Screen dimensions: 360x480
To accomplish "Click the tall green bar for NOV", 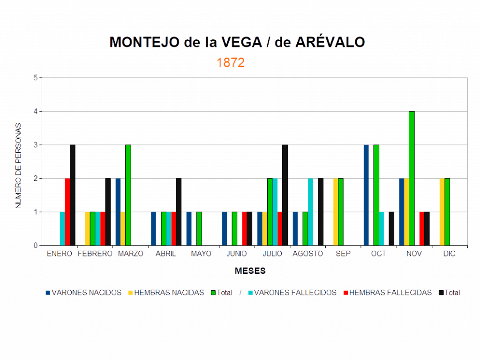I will (x=412, y=178).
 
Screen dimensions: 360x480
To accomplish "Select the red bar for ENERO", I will (x=67, y=212).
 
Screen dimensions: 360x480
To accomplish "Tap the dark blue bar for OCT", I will (x=366, y=195).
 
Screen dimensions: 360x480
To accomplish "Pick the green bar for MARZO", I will (x=128, y=195).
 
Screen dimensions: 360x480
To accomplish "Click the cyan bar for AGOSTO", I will (x=310, y=212).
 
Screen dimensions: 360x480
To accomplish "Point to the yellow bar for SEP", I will (x=335, y=212).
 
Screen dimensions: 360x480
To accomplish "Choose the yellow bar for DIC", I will (x=442, y=212).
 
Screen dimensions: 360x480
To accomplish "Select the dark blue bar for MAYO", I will (x=189, y=229).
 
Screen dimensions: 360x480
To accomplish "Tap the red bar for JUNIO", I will (x=244, y=229).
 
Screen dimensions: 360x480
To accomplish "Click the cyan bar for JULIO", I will (x=275, y=212).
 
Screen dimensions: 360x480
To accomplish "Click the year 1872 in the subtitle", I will (x=231, y=63).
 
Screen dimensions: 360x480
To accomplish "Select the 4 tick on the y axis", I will (x=36, y=111).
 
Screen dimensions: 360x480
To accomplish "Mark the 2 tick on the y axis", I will (x=36, y=179).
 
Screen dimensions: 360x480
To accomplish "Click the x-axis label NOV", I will (x=414, y=254).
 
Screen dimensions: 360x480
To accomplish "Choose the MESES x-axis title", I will (x=250, y=271).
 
